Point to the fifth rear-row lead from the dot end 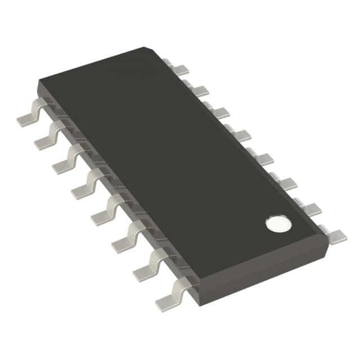[242, 135]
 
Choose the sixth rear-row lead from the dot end [220, 112]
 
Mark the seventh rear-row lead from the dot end [199, 91]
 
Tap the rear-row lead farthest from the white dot [179, 70]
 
